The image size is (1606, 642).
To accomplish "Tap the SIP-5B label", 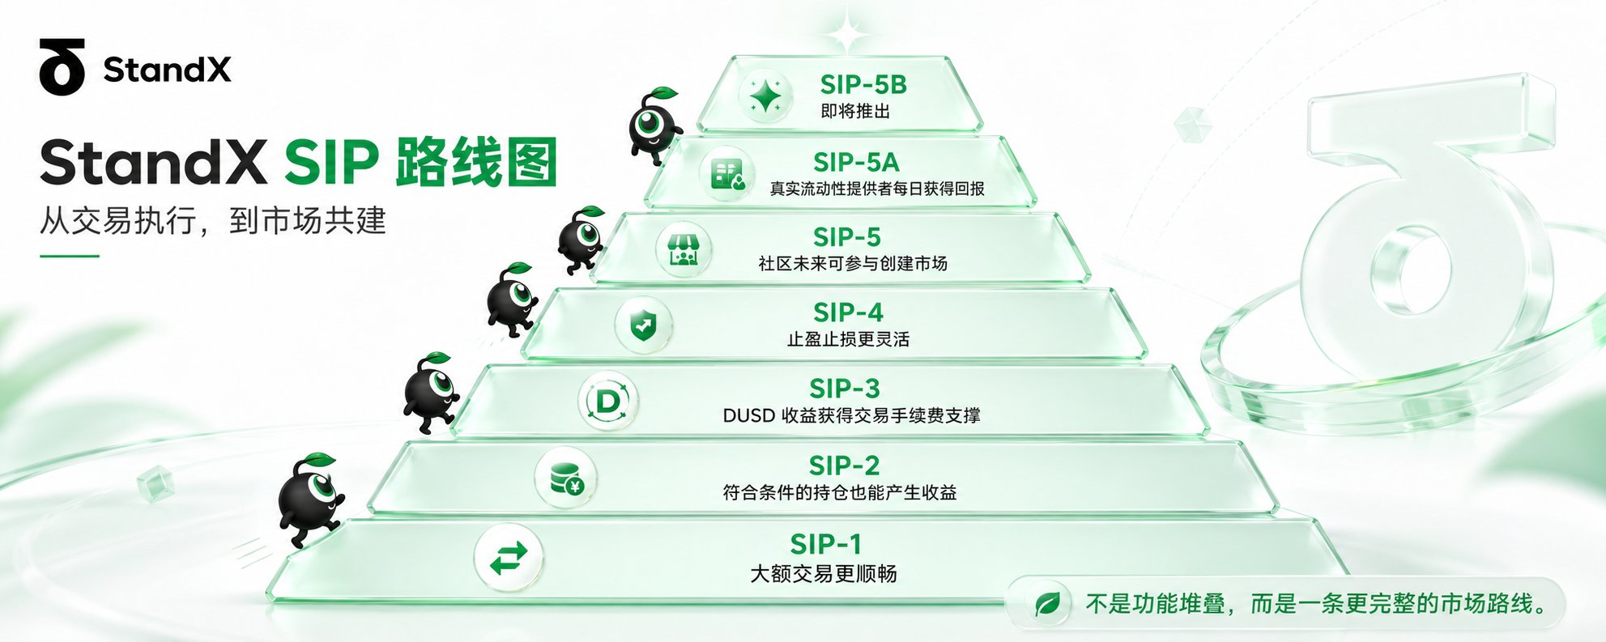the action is [x=863, y=84].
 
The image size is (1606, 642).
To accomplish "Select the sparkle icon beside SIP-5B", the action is [x=765, y=96].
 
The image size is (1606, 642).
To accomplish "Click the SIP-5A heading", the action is [x=856, y=162].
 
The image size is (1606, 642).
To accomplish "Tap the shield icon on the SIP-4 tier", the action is [x=643, y=325].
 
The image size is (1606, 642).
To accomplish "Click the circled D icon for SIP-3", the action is [x=608, y=401].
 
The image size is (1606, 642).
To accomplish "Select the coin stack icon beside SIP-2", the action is [x=565, y=478].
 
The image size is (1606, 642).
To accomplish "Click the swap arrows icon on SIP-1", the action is [x=509, y=558].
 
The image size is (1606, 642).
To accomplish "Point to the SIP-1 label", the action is [x=825, y=544].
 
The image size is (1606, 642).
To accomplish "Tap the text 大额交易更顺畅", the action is [x=823, y=574].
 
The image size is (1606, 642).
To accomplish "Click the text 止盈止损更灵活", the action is [x=848, y=339].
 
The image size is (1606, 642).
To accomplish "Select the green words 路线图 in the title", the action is [x=476, y=163].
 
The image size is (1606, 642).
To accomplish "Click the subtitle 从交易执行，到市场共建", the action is [x=213, y=221].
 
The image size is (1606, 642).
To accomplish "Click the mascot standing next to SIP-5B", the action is [x=654, y=125].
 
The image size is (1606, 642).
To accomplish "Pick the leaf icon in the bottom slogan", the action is [x=1047, y=604].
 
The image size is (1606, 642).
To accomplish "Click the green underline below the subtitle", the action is [x=69, y=256].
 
